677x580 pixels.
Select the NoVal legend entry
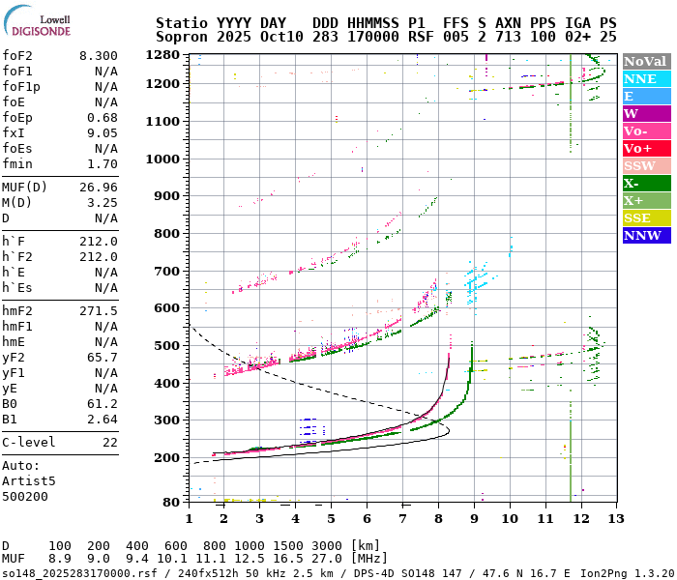[x=646, y=61]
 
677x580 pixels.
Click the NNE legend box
[x=646, y=78]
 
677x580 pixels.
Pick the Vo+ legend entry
[x=646, y=148]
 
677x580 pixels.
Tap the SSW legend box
[x=646, y=165]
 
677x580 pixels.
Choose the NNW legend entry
[x=646, y=235]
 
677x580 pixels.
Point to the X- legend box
[x=646, y=183]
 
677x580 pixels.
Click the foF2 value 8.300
[x=99, y=56]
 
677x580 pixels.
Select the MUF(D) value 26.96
[x=99, y=187]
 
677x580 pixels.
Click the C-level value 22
[x=109, y=442]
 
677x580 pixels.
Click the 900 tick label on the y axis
[x=167, y=196]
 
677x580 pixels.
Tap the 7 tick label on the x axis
[x=402, y=519]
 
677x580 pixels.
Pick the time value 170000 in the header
[x=368, y=36]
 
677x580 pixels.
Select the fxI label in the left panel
[x=13, y=133]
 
